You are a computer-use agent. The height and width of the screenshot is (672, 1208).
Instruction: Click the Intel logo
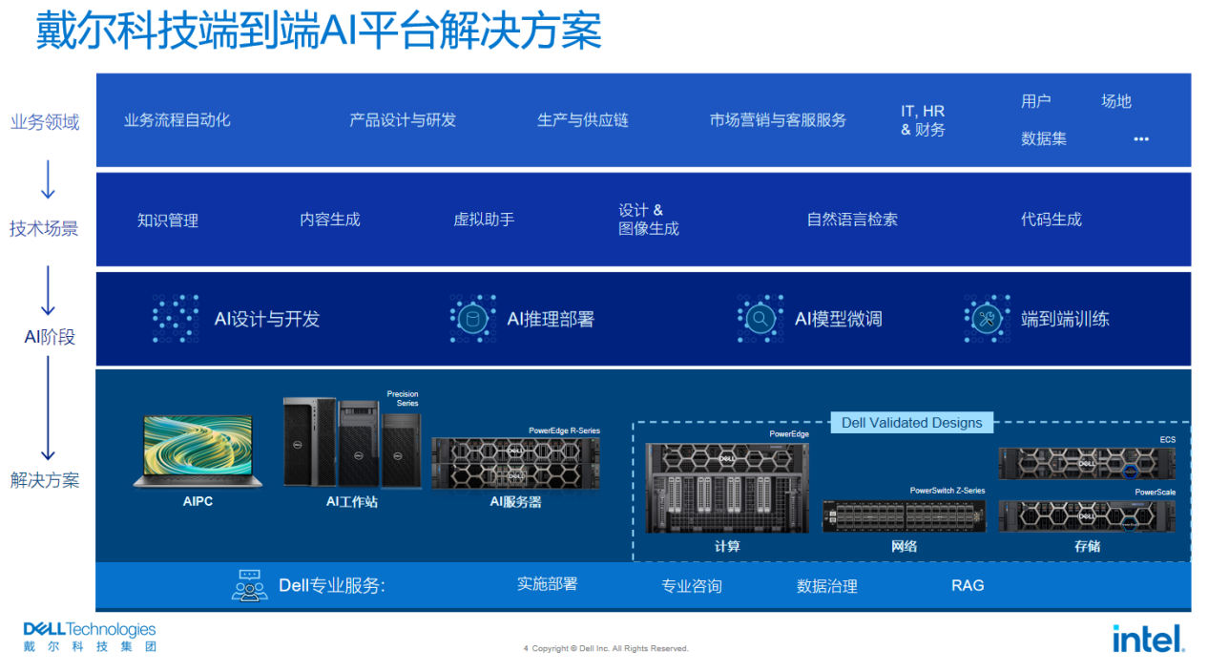[1148, 638]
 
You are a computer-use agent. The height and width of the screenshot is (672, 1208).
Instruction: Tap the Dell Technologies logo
[89, 637]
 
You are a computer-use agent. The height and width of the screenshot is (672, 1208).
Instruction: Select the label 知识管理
[168, 220]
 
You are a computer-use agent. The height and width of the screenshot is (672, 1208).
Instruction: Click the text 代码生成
[1051, 220]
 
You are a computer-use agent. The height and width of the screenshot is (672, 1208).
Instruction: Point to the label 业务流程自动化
[177, 120]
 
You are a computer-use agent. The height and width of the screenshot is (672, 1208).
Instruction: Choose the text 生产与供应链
[582, 120]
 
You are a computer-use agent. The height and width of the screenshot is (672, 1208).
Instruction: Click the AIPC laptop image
[198, 451]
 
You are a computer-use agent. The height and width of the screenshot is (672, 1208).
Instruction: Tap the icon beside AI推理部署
[472, 319]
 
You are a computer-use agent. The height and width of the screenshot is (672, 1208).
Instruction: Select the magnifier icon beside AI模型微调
[760, 319]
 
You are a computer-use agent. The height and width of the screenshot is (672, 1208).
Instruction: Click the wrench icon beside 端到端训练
[987, 319]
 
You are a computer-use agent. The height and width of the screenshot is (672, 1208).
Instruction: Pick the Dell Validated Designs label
[911, 423]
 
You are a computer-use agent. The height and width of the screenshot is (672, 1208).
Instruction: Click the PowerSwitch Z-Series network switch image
[903, 515]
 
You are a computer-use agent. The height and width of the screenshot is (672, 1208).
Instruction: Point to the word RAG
[967, 585]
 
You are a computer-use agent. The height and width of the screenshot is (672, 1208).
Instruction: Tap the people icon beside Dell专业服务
[249, 585]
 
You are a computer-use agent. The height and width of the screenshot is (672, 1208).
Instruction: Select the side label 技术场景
[44, 229]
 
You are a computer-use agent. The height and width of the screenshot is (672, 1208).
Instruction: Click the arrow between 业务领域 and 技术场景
[48, 178]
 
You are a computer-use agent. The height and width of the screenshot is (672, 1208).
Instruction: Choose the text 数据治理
[826, 586]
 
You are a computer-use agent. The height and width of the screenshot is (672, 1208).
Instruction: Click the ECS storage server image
[1086, 463]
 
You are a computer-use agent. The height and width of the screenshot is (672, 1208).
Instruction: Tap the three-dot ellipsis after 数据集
[1140, 139]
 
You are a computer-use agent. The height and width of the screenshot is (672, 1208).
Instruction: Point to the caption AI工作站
[351, 501]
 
